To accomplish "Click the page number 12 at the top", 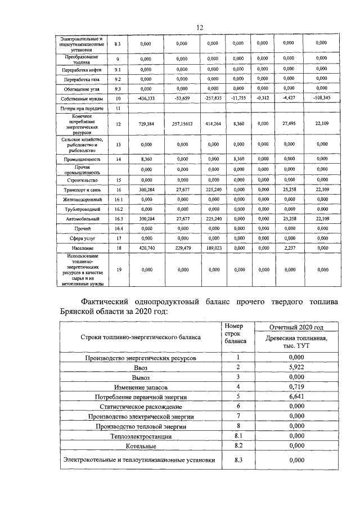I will click(199, 28).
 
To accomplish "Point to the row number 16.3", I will click(118, 218).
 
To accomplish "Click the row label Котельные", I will click(141, 445).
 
